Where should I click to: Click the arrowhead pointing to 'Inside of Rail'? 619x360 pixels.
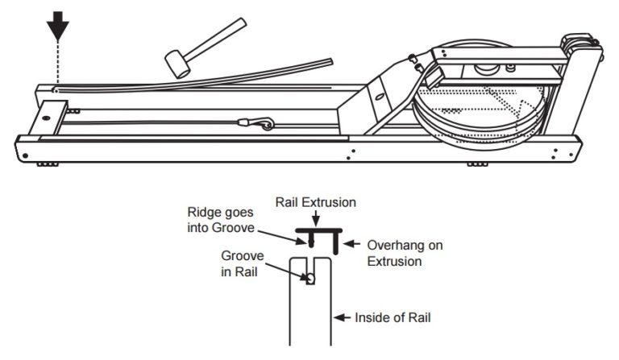[x=339, y=317]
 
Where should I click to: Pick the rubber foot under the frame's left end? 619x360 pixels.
[x=47, y=164]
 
